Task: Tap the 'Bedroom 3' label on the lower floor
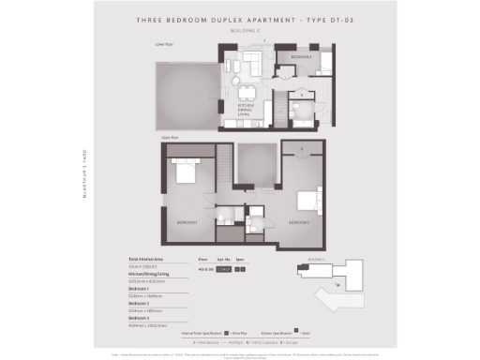pyautogui.click(x=302, y=57)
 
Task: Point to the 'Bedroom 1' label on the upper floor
pyautogui.click(x=187, y=222)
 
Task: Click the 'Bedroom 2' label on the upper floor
pyautogui.click(x=299, y=222)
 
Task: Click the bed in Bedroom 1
pyautogui.click(x=184, y=174)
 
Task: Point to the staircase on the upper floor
pyautogui.click(x=223, y=168)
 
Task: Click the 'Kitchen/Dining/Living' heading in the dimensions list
pyautogui.click(x=150, y=274)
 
